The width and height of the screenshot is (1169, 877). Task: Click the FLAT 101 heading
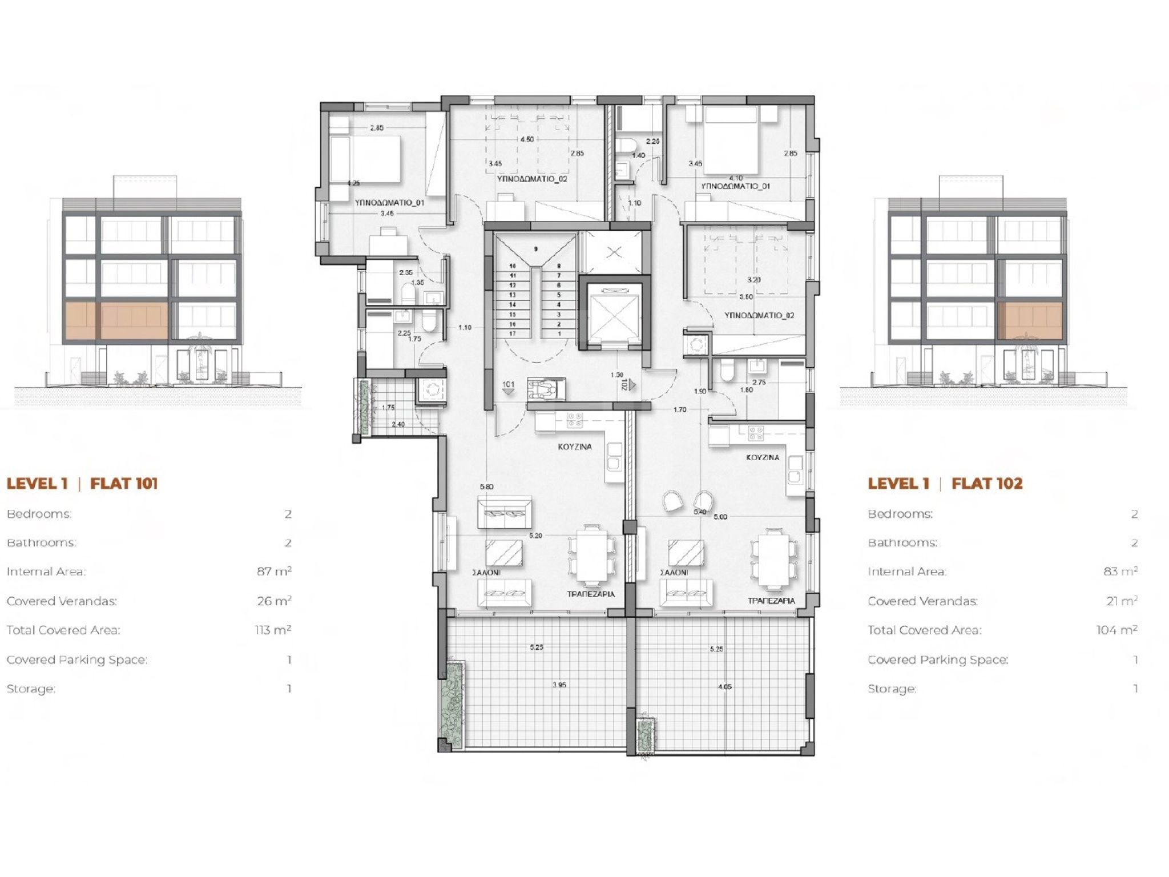124,484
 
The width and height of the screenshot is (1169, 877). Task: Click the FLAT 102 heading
987,484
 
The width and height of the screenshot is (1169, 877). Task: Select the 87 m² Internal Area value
274,571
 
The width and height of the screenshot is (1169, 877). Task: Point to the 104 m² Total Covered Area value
1116,630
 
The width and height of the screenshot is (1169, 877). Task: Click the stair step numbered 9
535,249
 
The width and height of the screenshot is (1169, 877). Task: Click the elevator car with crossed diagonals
614,312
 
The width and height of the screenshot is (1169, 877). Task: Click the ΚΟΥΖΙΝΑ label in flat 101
575,447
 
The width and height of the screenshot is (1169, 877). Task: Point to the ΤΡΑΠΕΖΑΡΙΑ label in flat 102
771,601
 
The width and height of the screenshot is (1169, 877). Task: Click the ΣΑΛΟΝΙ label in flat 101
486,572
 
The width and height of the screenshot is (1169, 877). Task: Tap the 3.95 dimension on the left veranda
559,685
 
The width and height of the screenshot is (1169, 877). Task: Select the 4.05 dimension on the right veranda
724,687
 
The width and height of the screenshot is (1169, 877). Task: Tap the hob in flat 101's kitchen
574,421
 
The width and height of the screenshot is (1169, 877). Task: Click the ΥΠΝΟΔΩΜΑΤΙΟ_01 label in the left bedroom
389,203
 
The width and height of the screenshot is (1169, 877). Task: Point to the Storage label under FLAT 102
892,689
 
